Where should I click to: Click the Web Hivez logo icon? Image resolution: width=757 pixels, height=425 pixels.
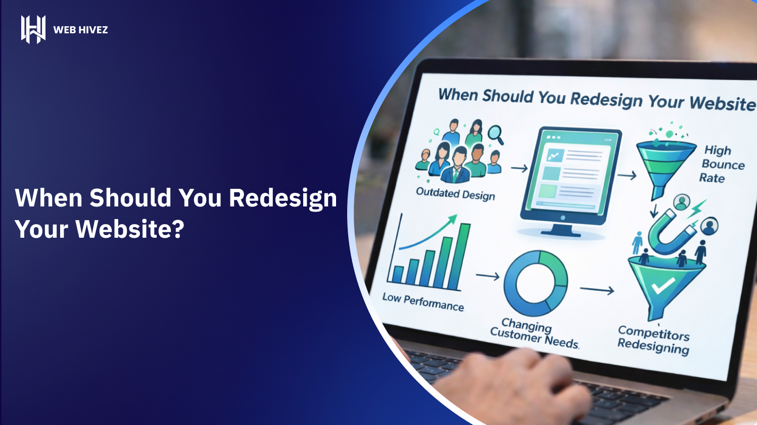coord(33,29)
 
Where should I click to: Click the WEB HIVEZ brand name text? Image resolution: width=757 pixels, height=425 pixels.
coord(80,30)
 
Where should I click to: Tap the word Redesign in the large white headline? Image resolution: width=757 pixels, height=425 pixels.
coord(283,198)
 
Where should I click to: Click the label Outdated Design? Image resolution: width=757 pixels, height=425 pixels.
coord(455,194)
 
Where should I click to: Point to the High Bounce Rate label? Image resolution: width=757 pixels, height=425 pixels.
coord(722,164)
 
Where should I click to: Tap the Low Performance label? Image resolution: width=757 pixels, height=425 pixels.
coord(423,302)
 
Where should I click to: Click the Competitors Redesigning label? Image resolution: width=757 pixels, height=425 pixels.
coord(653,340)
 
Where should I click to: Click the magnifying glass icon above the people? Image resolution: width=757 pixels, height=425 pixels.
coord(496,134)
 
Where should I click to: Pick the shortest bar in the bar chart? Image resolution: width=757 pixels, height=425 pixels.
coord(398,275)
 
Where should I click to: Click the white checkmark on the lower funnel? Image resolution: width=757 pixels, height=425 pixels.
coord(663,286)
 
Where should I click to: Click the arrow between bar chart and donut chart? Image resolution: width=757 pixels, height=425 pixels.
coord(487,276)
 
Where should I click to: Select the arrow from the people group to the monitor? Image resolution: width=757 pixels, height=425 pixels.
coord(519,168)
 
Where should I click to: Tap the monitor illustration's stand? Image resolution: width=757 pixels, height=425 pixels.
coord(561,230)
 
